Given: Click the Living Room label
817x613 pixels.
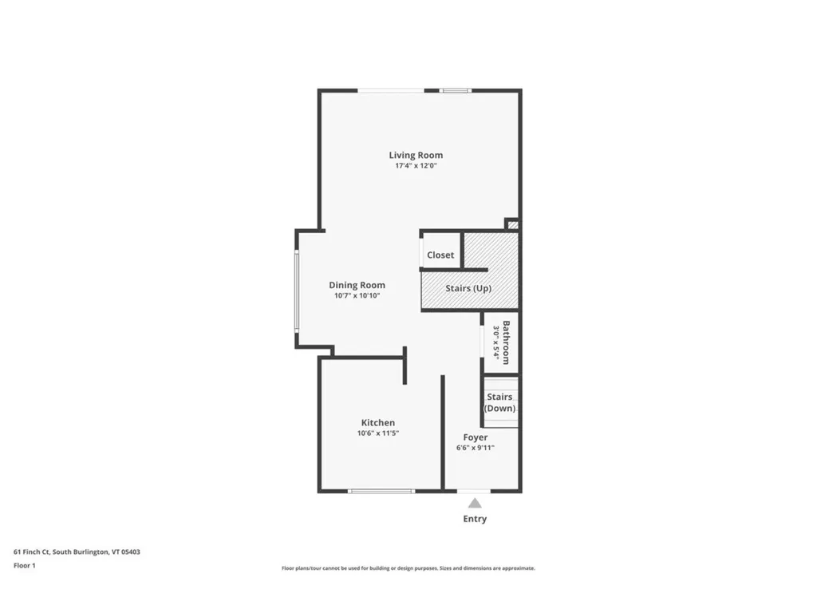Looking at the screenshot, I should (416, 155).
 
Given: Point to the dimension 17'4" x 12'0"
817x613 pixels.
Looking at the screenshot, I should (416, 166).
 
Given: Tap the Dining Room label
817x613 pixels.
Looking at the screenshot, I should (357, 285).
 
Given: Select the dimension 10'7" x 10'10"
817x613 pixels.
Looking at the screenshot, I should (357, 295).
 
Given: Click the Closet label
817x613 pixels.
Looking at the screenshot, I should (440, 255).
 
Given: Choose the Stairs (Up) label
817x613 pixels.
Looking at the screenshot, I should (468, 288).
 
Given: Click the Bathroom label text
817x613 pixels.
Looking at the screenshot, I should (506, 342).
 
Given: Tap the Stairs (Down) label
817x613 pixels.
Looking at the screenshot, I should (499, 402).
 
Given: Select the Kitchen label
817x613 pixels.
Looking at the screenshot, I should (377, 422).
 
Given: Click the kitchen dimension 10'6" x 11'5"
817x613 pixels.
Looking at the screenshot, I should (377, 433).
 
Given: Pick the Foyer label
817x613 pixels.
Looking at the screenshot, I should (476, 437).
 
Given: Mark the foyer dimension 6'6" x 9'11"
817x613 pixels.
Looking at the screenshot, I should (475, 448).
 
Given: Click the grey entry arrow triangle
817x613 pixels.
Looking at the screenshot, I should (475, 503).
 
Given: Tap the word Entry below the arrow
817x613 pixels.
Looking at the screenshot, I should (475, 519).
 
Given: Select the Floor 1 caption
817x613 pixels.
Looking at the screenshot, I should (25, 565).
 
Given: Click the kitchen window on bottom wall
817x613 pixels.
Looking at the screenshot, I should (381, 491).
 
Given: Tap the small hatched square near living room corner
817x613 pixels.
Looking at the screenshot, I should (513, 225).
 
